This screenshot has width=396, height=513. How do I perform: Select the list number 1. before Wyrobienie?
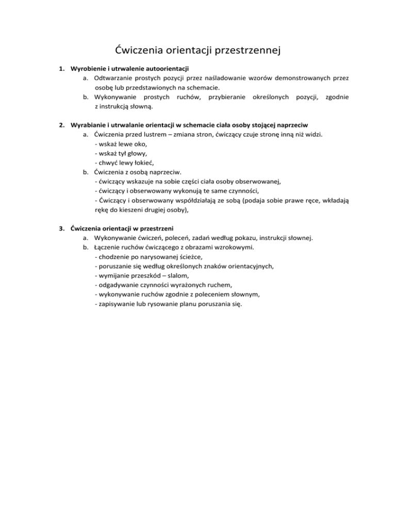pos(60,69)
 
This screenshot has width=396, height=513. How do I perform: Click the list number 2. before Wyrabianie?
pos(60,125)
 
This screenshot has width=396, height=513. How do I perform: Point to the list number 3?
pos(60,228)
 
